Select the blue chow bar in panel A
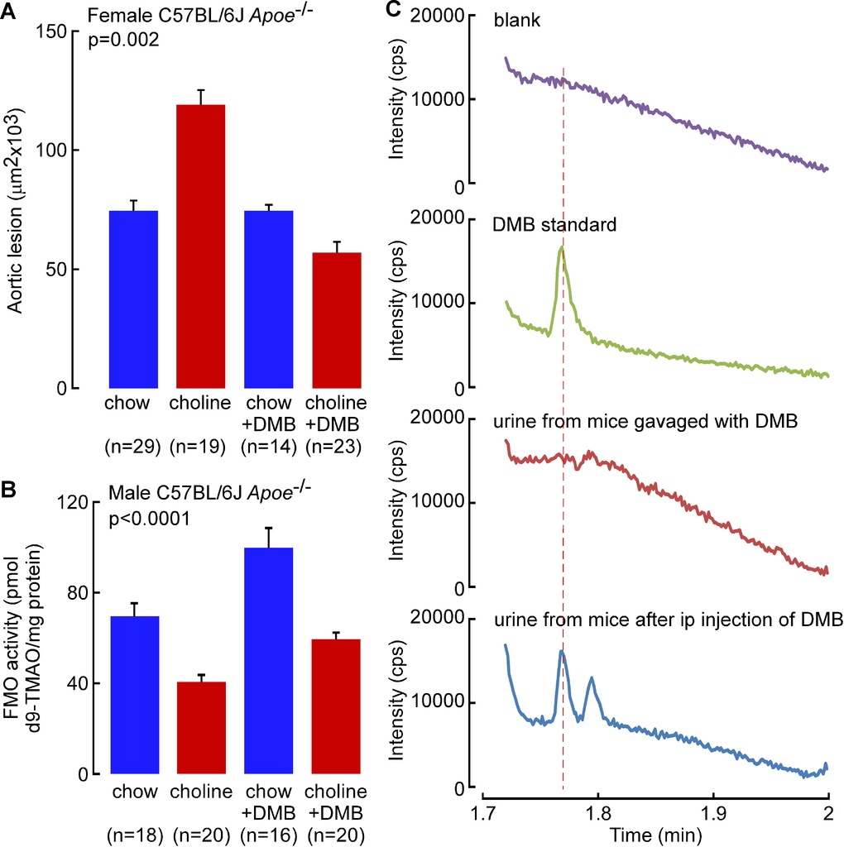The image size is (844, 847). click(133, 299)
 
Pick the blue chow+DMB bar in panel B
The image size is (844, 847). click(269, 660)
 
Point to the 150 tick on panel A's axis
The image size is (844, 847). click(58, 31)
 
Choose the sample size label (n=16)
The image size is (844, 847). click(269, 833)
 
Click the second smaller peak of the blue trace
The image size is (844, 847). click(592, 678)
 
